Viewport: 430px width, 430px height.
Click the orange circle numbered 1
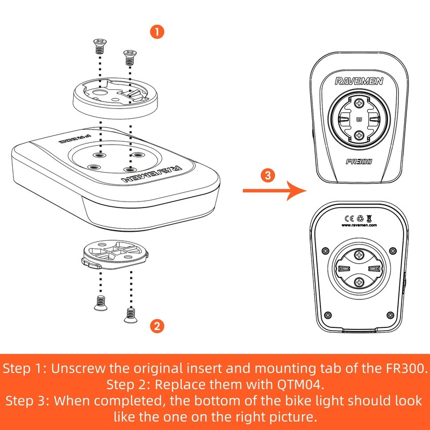[x=157, y=32]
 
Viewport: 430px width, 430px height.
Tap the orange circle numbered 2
[x=157, y=326]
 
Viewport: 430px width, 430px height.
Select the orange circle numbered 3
[x=268, y=175]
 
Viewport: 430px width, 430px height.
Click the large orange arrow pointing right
[x=275, y=191]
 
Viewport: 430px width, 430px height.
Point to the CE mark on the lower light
[x=349, y=218]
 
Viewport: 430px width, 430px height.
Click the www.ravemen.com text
[x=359, y=225]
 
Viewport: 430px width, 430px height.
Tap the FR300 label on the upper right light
[x=359, y=162]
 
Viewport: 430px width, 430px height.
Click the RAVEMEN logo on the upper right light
[x=359, y=81]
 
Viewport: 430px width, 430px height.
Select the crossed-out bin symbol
[x=369, y=218]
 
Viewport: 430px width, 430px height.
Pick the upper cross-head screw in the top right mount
[x=359, y=103]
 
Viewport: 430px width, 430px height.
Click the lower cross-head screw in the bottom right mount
[x=359, y=282]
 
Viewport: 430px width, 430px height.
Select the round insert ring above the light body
[x=115, y=98]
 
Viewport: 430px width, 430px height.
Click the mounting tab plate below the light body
[x=115, y=254]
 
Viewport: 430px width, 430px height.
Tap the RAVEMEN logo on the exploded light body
[x=152, y=174]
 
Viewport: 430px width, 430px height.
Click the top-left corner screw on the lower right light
[x=325, y=250]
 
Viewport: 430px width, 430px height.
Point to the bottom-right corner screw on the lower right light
[x=390, y=315]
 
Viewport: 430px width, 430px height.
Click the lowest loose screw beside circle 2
[x=131, y=316]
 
